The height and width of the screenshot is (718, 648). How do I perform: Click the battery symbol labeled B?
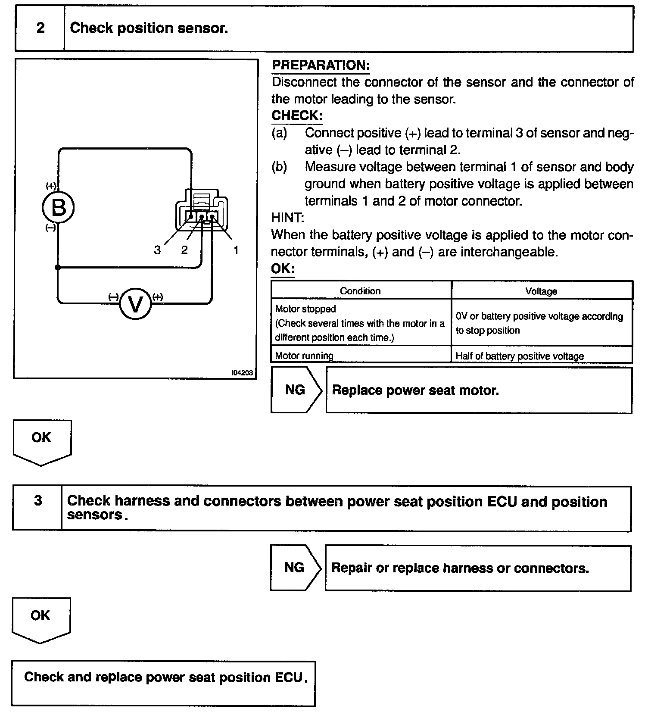point(58,208)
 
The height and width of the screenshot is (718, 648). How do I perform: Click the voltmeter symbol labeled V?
point(135,304)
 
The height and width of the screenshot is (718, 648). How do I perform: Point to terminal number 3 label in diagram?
point(157,250)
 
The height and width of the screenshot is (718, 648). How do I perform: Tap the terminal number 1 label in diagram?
point(236,250)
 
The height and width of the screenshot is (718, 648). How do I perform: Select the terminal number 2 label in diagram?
point(184,250)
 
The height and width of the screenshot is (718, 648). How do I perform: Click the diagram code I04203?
point(242,373)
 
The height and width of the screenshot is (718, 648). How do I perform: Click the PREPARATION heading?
point(321,66)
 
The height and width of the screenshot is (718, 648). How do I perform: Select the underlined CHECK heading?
point(297,116)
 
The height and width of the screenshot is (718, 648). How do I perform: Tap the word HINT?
point(287,218)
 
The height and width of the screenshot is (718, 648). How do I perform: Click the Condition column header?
point(360,291)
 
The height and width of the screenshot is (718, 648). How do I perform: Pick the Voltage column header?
point(541,291)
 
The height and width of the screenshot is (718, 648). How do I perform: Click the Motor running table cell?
point(304,356)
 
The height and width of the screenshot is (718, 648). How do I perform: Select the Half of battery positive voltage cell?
point(520,356)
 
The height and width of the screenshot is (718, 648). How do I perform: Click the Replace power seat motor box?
point(479,390)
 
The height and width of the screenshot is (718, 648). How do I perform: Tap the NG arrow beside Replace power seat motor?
point(296,390)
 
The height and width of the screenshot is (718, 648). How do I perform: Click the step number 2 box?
point(40,28)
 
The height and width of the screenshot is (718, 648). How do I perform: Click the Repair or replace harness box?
point(477,568)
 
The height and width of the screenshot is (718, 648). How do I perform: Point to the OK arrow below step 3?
point(40,619)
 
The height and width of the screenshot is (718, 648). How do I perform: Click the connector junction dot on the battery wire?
point(58,268)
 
